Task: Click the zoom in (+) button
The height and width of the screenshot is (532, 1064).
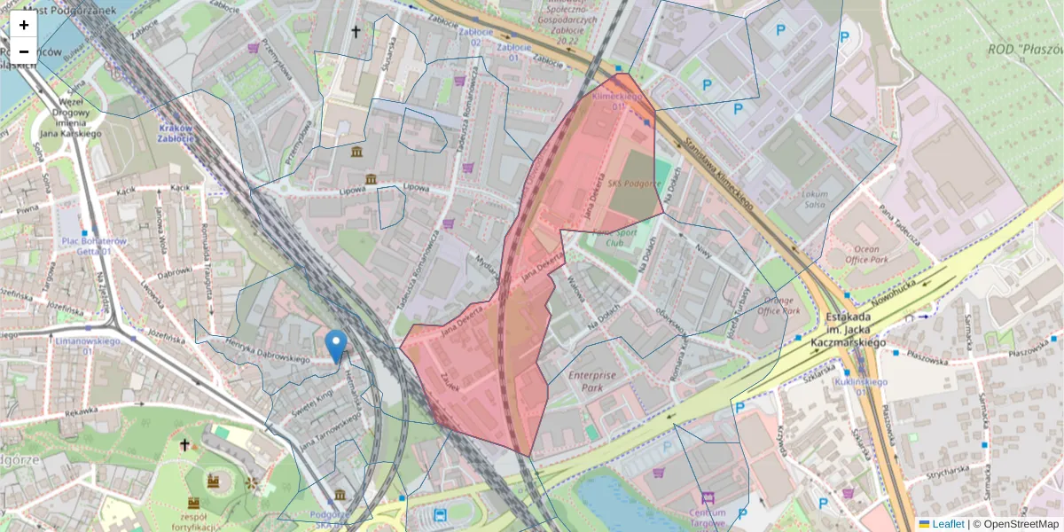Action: pyautogui.click(x=23, y=25)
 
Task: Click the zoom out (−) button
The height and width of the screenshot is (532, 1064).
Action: pyautogui.click(x=23, y=51)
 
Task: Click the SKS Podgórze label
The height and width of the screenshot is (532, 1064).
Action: pyautogui.click(x=635, y=184)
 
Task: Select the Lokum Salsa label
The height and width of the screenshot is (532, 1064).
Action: pyautogui.click(x=813, y=199)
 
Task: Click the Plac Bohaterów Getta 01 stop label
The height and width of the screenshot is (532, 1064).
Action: pyautogui.click(x=94, y=246)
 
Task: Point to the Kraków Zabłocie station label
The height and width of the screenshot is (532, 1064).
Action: pyautogui.click(x=176, y=132)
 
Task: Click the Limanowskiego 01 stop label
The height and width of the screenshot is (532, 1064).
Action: pyautogui.click(x=88, y=346)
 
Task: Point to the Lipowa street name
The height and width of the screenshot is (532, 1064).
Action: pyautogui.click(x=416, y=188)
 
